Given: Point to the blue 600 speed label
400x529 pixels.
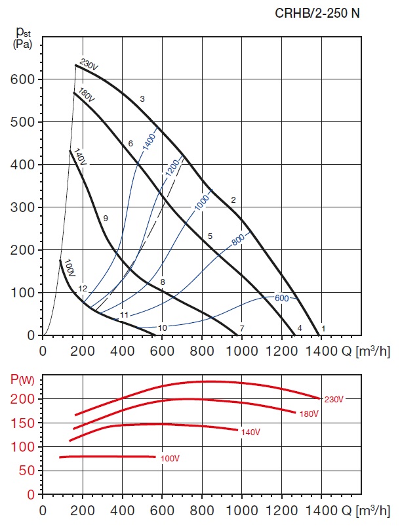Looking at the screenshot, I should (281, 298).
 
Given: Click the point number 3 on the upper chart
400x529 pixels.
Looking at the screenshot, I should (142, 99).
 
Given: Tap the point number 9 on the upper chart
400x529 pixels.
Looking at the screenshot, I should (106, 218).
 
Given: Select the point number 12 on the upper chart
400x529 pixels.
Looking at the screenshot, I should (83, 289).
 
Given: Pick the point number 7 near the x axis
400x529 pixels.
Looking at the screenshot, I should (242, 328).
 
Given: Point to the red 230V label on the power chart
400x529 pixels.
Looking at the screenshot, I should (333, 398).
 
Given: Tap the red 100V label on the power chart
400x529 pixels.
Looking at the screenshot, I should (170, 458).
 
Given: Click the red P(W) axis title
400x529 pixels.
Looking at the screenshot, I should (21, 379).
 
